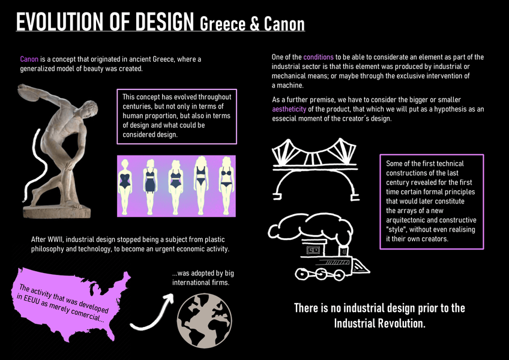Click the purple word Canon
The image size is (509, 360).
(29, 59)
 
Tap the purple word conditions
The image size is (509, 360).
(318, 57)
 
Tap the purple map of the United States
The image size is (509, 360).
(72, 300)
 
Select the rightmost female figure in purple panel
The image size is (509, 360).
(227, 178)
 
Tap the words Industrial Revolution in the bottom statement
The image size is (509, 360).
(379, 323)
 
